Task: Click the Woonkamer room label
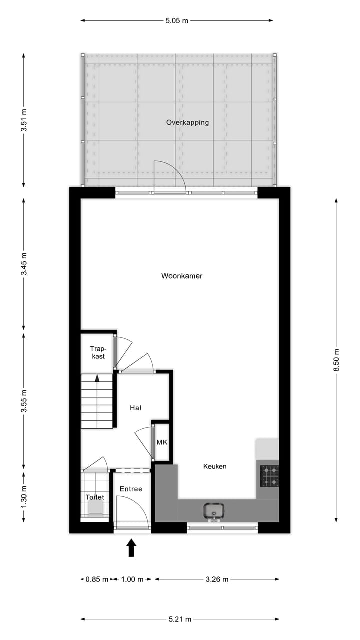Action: (182, 276)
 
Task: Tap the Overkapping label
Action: (188, 122)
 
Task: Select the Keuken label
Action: (215, 466)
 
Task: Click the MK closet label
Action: (162, 443)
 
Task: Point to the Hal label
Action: (136, 408)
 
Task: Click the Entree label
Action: (131, 489)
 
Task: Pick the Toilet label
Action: (95, 497)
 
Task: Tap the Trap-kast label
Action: (97, 352)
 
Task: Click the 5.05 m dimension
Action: (177, 21)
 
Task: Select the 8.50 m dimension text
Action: (336, 360)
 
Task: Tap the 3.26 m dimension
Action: (217, 579)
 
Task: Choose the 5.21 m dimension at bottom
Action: (180, 619)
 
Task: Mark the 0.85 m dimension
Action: (97, 579)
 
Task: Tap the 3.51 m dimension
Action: (24, 120)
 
